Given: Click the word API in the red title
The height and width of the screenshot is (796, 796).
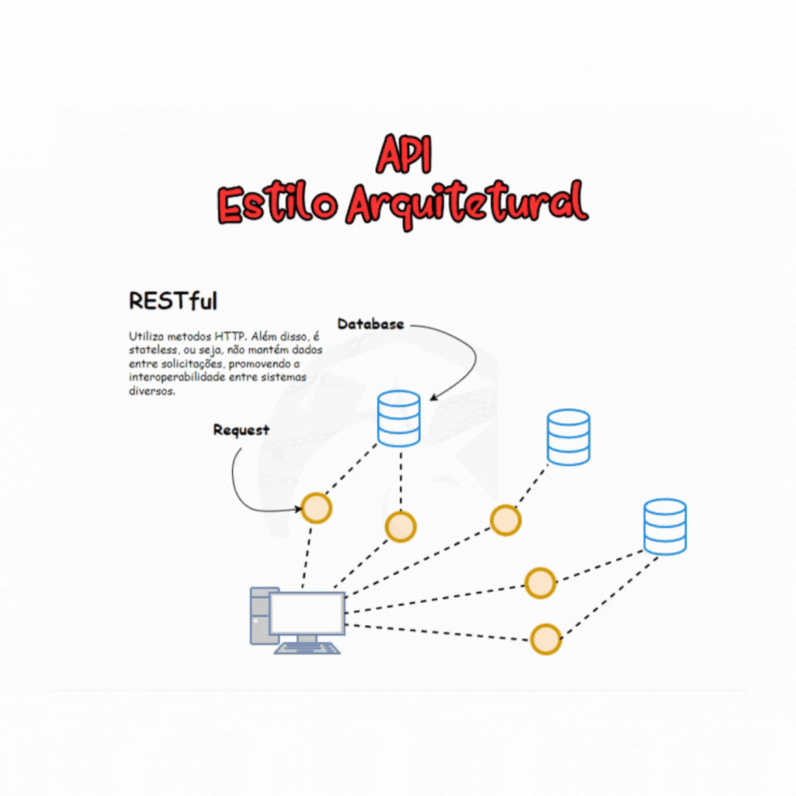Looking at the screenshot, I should coord(403,154).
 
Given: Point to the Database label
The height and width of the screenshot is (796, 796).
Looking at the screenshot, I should coord(370,324).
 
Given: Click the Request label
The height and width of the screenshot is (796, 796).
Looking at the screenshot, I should coord(241,430).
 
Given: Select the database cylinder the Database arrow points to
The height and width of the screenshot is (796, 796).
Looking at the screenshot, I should coord(399,419).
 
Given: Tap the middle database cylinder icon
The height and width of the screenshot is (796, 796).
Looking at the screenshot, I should coord(568,437).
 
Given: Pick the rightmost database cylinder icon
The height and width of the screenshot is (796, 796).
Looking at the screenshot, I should coord(665,526).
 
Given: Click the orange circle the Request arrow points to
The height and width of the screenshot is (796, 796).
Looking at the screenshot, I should coord(316,507).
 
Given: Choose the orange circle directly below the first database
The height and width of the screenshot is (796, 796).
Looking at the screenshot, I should coord(400,526).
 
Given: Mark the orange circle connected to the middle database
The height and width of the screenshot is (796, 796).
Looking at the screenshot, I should coord(506,520).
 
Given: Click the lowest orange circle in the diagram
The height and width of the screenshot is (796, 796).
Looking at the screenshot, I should coord(545,639).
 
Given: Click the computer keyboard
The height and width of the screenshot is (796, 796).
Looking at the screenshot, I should coord(307,649).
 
